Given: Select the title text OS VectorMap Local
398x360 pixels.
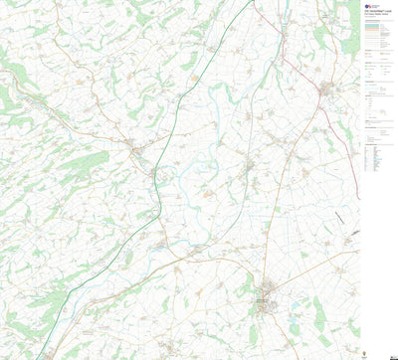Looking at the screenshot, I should click(x=375, y=8).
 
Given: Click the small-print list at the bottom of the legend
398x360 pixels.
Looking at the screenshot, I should click(x=376, y=159).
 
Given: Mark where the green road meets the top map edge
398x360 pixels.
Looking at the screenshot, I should click(x=242, y=2).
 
